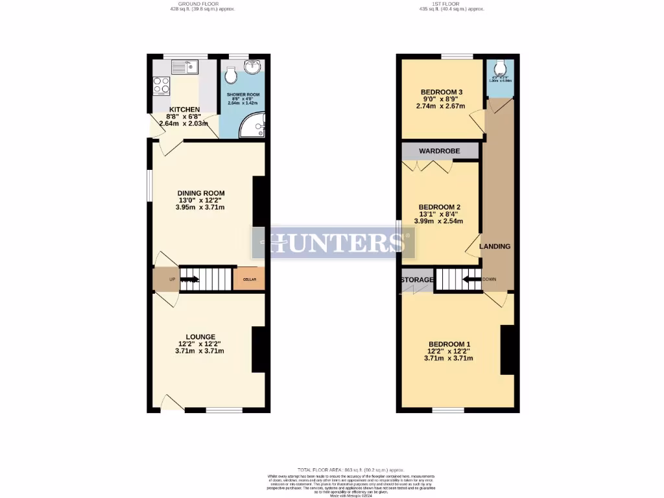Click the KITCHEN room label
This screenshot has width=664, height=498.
click(184, 110)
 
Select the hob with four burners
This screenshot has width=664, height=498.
click(161, 86)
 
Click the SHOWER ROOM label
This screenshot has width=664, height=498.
click(243, 95)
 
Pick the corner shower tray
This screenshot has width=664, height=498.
click(254, 125)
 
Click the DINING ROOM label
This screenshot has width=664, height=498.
click(201, 193)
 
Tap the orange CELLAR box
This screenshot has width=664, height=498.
click(250, 279)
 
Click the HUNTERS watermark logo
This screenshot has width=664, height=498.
click(333, 243)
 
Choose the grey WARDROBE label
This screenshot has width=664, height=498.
click(439, 151)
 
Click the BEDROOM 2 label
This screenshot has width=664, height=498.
click(439, 207)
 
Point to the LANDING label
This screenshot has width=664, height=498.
click(495, 246)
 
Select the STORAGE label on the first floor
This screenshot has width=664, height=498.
click(417, 280)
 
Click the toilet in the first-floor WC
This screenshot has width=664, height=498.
click(500, 67)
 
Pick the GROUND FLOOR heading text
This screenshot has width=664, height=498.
click(200, 4)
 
